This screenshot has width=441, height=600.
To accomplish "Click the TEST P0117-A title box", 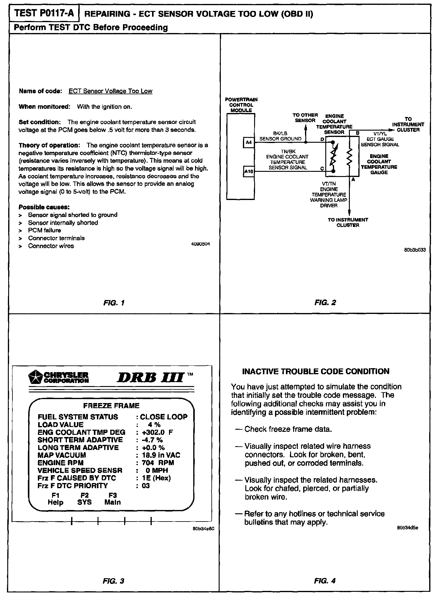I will click(44, 13).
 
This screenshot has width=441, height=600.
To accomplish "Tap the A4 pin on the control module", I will click(249, 142).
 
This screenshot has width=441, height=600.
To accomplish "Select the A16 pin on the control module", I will click(249, 172).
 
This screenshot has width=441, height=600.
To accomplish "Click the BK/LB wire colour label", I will click(280, 133).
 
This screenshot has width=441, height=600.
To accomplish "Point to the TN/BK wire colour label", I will click(288, 151).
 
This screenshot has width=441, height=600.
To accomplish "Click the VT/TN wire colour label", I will click(329, 184).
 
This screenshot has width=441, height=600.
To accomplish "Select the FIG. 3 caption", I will click(113, 581).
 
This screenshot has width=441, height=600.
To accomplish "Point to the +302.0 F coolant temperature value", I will click(157, 432).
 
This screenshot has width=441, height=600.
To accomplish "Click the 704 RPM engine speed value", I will click(158, 463).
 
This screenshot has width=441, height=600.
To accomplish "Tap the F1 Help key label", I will click(55, 499).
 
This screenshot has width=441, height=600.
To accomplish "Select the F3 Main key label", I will click(113, 499).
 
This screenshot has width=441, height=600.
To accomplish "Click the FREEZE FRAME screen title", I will click(111, 406).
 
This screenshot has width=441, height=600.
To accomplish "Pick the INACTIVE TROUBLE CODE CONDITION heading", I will click(316, 372).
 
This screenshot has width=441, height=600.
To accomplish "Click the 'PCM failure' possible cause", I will click(44, 230).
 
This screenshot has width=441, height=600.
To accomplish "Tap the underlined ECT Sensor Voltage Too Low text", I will click(110, 91).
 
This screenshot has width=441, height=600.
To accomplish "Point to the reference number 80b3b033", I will click(415, 250).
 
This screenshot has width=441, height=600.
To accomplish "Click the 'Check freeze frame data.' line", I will click(288, 429).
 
